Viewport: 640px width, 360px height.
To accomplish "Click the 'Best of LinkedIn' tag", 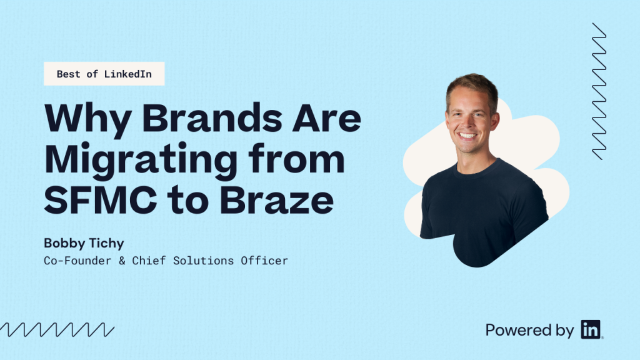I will click(104, 74).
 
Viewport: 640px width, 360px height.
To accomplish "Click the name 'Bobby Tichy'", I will click(84, 243).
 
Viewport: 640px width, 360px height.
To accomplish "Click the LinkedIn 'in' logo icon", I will click(590, 329).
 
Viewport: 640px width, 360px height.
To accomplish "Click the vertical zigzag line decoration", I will click(599, 91).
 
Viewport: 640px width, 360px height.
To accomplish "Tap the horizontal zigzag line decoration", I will click(57, 330).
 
